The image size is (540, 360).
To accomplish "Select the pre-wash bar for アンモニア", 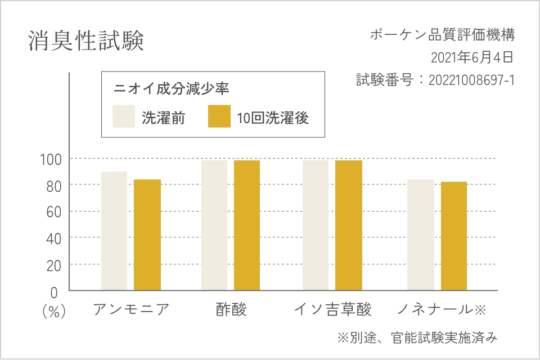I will click(114, 231).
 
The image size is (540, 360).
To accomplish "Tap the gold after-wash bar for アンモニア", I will click(147, 235).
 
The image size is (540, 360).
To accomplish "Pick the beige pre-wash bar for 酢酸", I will click(214, 225).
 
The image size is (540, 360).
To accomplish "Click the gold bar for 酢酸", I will click(247, 225).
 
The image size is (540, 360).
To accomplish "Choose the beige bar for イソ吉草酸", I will click(316, 225).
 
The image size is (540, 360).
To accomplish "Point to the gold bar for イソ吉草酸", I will click(349, 225).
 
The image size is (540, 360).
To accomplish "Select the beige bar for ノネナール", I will click(421, 235).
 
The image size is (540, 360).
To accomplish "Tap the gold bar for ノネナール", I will click(454, 236).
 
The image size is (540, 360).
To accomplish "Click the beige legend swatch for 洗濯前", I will click(124, 116).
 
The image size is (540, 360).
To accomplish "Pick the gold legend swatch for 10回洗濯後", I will click(219, 116).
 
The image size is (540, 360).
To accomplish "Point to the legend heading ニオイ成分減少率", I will click(172, 88).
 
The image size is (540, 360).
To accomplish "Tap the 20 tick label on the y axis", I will click(52, 265).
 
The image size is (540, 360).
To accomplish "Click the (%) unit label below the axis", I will click(54, 311).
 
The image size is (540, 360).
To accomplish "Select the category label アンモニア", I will click(130, 309).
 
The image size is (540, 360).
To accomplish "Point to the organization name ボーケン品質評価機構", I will click(442, 35).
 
